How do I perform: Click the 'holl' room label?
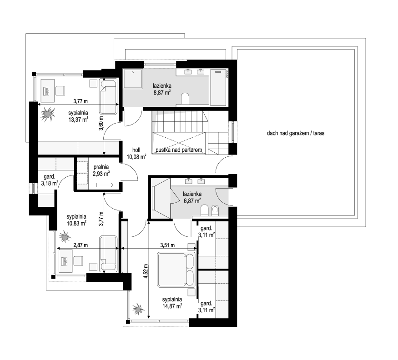(x=136, y=150)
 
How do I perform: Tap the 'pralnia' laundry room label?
(x=101, y=167)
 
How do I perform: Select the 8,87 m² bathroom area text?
(x=161, y=93)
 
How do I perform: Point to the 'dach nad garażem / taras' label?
(x=296, y=133)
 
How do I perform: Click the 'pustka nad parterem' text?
(x=179, y=150)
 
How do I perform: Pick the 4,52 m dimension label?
(x=146, y=271)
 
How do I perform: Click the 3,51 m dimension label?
(x=167, y=245)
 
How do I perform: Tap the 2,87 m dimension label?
(x=81, y=245)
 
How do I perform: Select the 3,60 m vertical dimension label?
(x=101, y=123)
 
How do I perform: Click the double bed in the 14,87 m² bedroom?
(x=176, y=270)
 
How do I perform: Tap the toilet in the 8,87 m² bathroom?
(x=186, y=99)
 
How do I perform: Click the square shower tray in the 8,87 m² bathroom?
(x=133, y=79)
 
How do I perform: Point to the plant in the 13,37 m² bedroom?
(x=48, y=114)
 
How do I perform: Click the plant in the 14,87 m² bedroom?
(x=138, y=309)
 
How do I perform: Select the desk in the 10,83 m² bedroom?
(x=66, y=260)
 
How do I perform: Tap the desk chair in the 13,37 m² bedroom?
(x=60, y=90)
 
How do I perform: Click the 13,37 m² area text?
(x=78, y=120)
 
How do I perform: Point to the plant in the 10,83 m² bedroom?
(x=65, y=237)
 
